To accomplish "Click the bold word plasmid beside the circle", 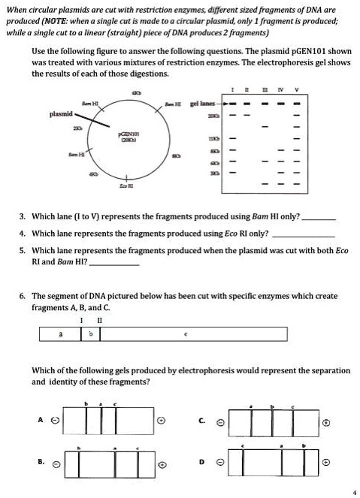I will pyautogui.click(x=60, y=114).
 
